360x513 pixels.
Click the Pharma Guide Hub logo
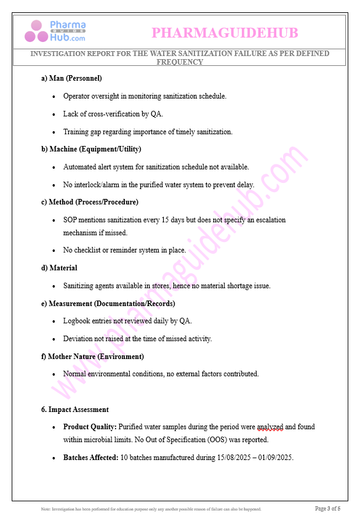click(55, 31)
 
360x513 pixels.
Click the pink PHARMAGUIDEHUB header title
click(225, 32)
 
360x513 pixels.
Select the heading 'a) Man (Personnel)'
click(71, 78)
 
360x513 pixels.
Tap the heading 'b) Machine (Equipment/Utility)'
click(91, 149)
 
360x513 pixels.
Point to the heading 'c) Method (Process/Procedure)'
click(89, 202)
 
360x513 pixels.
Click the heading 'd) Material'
click(59, 268)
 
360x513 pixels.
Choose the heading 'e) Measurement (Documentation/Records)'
click(108, 304)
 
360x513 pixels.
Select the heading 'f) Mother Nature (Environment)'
click(92, 357)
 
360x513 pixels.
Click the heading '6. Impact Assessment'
click(75, 410)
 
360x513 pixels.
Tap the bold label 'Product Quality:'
click(90, 427)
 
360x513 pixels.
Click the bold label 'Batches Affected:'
click(91, 458)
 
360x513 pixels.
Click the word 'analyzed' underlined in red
click(270, 427)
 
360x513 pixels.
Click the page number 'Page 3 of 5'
click(327, 508)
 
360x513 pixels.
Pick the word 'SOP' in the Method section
click(70, 220)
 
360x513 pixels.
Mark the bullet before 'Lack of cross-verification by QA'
click(55, 115)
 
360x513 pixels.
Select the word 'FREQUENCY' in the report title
click(180, 62)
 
